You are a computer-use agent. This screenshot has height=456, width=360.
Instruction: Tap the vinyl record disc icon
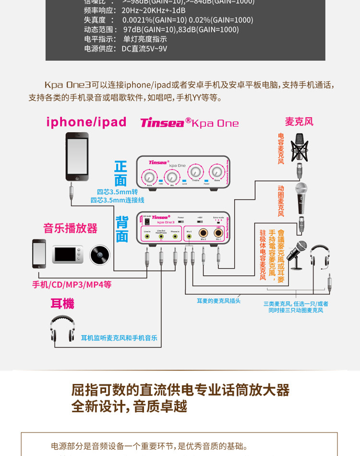click(x=100, y=255)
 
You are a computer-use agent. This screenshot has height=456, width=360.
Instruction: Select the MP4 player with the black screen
click(x=68, y=255)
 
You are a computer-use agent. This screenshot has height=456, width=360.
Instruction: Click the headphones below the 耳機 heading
click(x=62, y=328)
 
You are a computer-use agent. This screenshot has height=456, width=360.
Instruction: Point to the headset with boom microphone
click(x=320, y=256)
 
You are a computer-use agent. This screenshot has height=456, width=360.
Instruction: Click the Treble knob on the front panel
click(x=195, y=172)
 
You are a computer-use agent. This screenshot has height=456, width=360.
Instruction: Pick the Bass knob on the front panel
click(x=217, y=172)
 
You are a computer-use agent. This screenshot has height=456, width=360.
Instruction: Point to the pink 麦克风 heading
click(x=299, y=122)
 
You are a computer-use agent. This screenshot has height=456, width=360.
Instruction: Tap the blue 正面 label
click(x=120, y=173)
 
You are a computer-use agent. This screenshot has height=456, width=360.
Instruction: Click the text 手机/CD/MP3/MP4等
click(x=72, y=284)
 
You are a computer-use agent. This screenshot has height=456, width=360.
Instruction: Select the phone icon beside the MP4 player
click(x=39, y=253)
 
